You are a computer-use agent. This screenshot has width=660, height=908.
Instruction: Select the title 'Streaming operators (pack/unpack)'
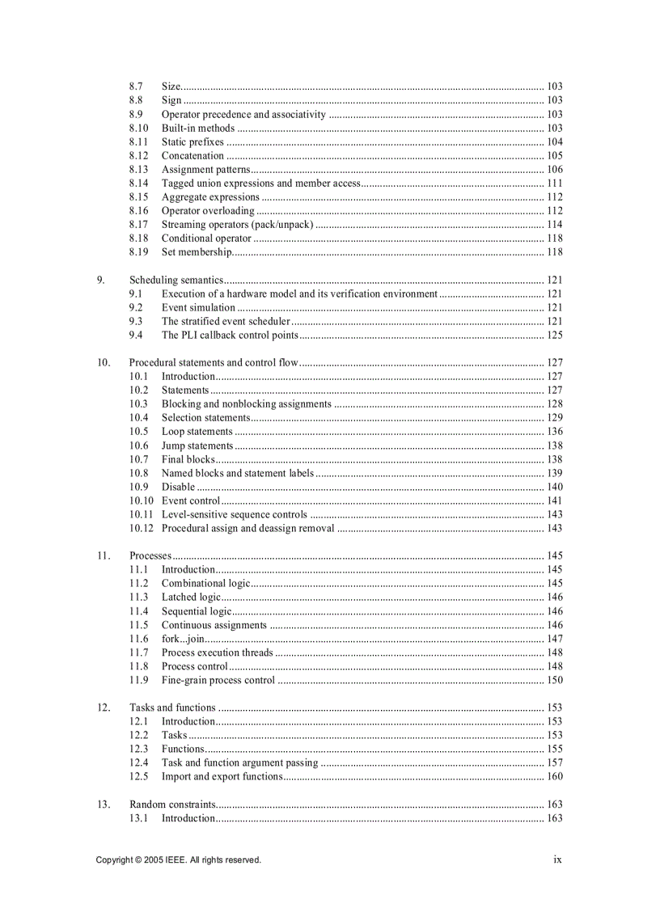(237, 225)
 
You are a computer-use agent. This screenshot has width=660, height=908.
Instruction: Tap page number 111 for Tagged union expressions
(555, 184)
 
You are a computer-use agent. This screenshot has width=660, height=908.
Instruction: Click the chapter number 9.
(101, 281)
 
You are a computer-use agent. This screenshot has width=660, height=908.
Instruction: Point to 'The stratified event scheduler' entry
(226, 322)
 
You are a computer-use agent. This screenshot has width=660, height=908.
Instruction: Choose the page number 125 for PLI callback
(555, 336)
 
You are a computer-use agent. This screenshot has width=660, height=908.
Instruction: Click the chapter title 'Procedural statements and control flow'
(214, 363)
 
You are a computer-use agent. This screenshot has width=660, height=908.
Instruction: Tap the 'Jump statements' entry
(197, 446)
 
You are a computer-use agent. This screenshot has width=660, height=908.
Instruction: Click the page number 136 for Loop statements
(555, 432)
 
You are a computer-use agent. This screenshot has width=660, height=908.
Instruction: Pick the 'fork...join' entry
(183, 639)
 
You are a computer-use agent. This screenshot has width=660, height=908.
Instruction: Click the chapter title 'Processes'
(150, 556)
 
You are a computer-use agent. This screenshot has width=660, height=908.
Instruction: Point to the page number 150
(555, 681)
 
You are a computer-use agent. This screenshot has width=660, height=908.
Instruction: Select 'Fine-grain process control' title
(218, 681)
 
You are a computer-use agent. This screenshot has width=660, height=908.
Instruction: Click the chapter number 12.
(104, 708)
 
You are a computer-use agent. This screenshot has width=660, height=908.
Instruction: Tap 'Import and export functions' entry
(222, 777)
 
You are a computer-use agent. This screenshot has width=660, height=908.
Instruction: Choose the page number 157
(555, 763)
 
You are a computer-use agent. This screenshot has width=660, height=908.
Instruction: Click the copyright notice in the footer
(178, 860)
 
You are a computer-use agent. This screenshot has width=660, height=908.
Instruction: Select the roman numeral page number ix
(557, 860)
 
